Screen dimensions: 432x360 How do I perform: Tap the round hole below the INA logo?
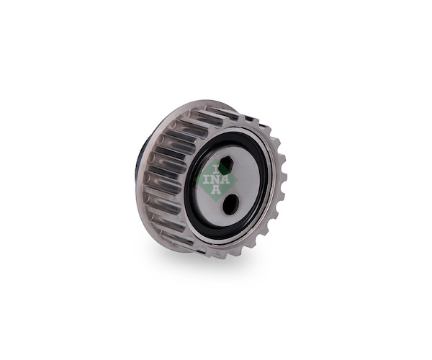coord(230,204)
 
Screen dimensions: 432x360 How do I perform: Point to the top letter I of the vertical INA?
coord(216,168)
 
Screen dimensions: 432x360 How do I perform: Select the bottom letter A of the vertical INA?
coord(216,190)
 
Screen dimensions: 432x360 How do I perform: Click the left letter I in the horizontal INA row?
coord(207,179)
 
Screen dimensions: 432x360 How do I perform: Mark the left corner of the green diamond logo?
coord(195,180)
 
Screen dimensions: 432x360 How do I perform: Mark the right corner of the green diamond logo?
coord(237,179)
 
